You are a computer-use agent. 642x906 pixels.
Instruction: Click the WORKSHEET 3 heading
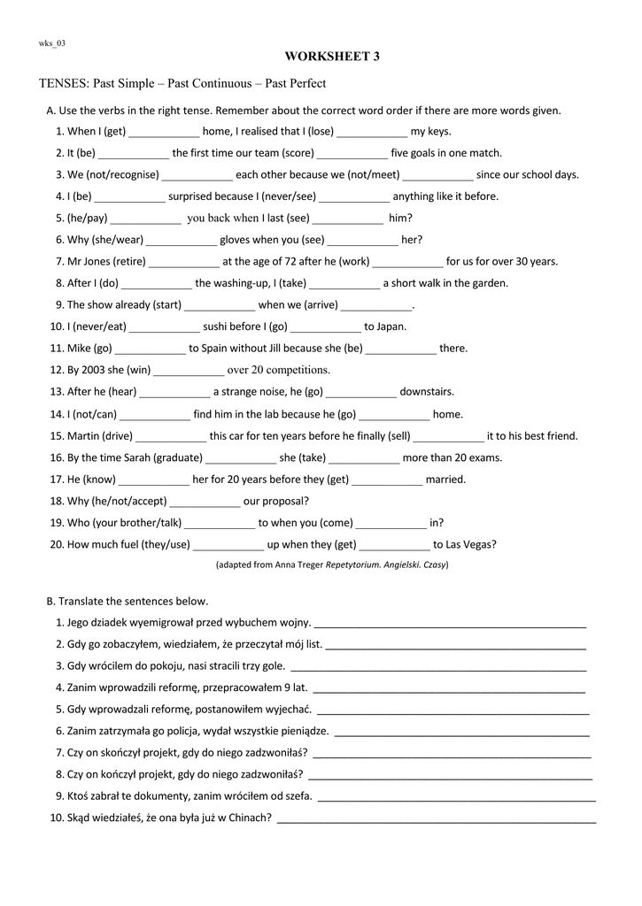click(x=332, y=57)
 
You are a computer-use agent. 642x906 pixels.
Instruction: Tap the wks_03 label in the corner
click(x=51, y=42)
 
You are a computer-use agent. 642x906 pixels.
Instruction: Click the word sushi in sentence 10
click(x=216, y=326)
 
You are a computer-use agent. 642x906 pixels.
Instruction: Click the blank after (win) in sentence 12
click(x=190, y=371)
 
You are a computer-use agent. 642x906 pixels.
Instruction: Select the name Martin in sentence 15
click(x=82, y=435)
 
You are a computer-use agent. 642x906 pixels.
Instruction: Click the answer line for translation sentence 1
click(x=450, y=624)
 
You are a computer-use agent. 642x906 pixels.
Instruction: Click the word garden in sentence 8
click(x=491, y=283)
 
